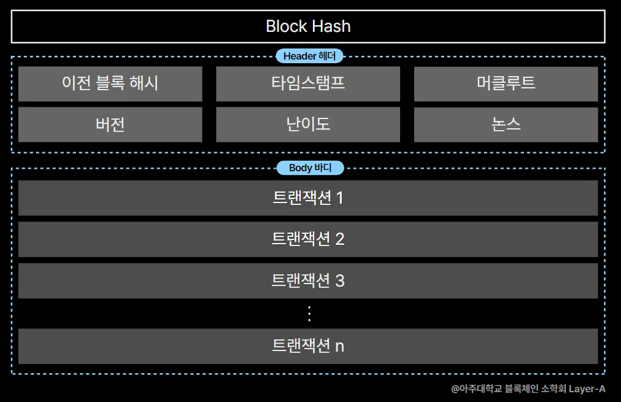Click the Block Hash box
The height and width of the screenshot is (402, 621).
[308, 26]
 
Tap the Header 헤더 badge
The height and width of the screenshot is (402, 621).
[309, 56]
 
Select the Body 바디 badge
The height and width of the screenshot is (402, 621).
[309, 168]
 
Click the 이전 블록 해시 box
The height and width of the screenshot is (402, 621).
[110, 83]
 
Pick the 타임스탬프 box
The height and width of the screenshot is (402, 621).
[308, 83]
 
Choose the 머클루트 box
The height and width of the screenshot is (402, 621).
[506, 83]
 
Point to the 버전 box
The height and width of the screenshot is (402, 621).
[110, 125]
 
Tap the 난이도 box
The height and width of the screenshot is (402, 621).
[308, 125]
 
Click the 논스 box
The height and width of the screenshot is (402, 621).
[506, 125]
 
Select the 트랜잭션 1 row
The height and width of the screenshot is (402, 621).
[308, 198]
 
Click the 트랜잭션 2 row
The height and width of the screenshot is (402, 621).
[308, 239]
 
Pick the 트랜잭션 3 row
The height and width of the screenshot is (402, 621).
[308, 280]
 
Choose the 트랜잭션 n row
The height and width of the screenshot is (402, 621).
[308, 346]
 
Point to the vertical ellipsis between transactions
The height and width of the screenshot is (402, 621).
[309, 314]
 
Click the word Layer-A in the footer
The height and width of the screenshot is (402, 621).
[587, 388]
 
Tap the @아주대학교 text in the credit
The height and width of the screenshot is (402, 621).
[476, 388]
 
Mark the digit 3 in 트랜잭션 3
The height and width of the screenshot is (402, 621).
[340, 281]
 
